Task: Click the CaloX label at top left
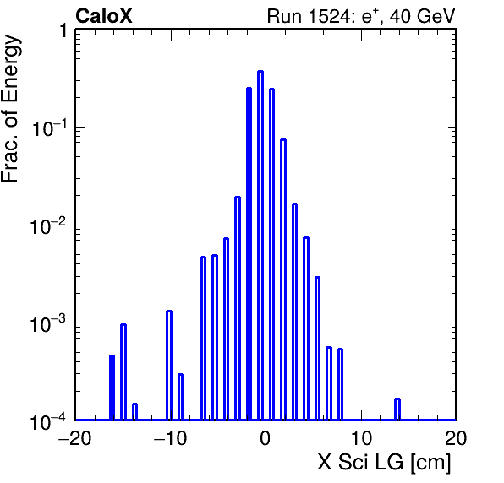[x=104, y=16]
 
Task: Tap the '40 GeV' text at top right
[x=422, y=16]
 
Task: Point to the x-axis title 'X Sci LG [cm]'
[x=385, y=463]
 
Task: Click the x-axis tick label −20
[x=74, y=438]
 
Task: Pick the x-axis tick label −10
[x=170, y=438]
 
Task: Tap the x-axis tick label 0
[x=266, y=438]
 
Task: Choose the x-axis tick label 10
[x=361, y=438]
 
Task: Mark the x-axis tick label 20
[x=456, y=438]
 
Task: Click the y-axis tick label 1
[x=63, y=30]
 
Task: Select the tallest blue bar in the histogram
[x=260, y=245]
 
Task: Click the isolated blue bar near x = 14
[x=397, y=410]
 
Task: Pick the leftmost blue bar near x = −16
[x=112, y=388]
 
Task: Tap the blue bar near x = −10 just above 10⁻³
[x=169, y=366]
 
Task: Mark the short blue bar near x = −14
[x=134, y=412]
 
